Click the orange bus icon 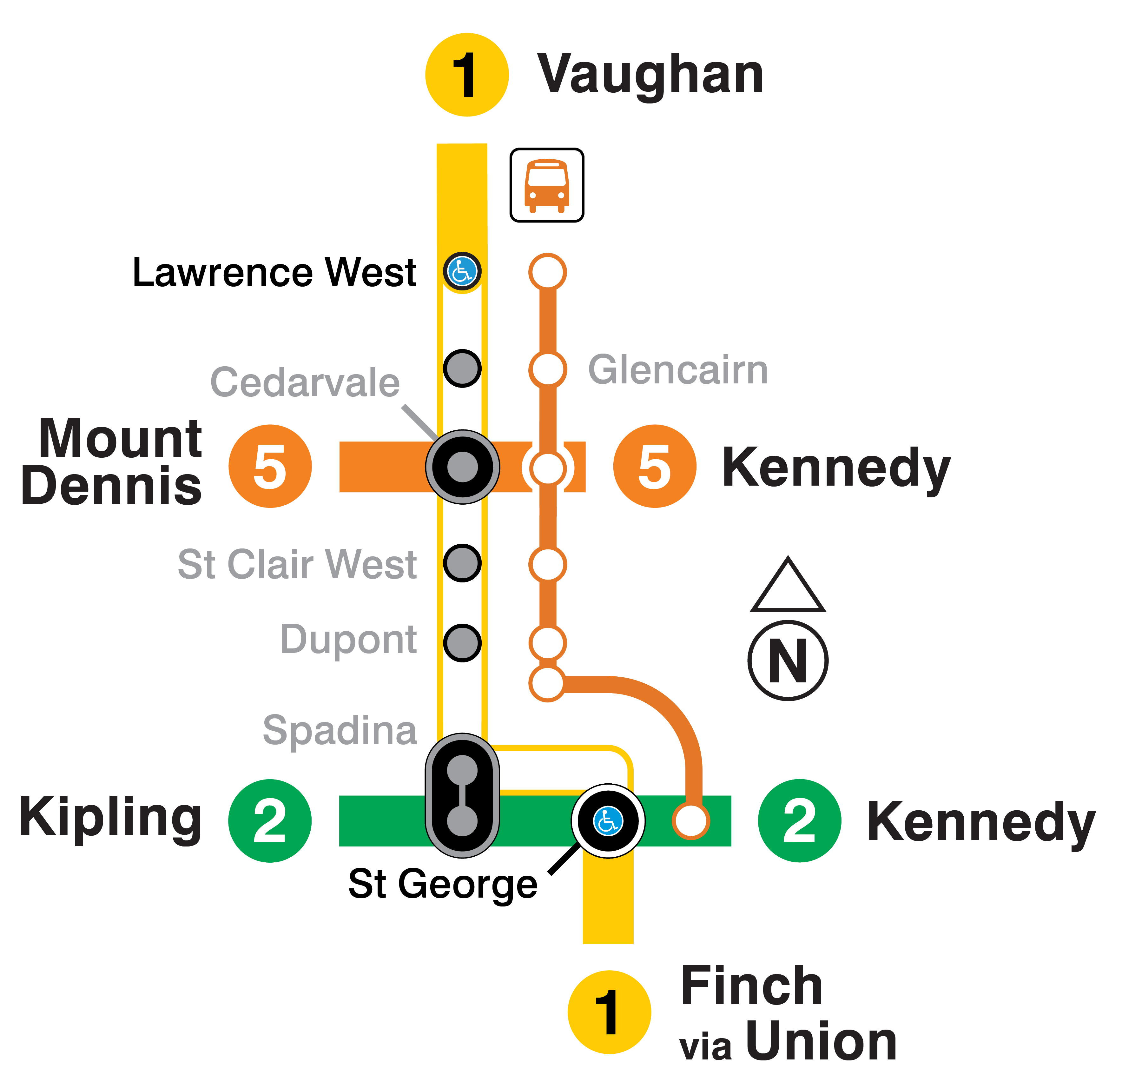click(x=547, y=185)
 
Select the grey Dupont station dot click(x=462, y=642)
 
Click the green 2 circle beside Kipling click(x=270, y=820)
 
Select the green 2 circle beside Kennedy click(x=799, y=820)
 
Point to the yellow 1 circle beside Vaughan click(x=466, y=74)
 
